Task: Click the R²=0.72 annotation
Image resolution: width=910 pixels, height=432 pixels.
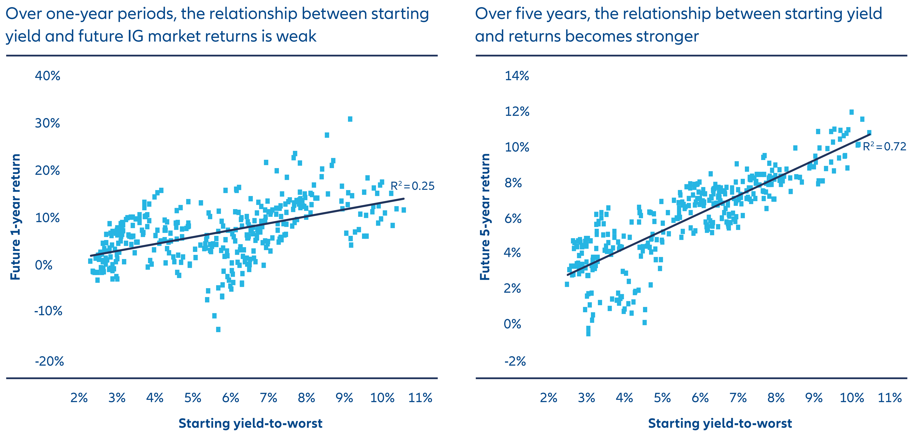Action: tap(884, 146)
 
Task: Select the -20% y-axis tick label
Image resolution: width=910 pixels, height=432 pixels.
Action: tap(49, 361)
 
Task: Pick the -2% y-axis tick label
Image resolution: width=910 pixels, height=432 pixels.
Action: tap(515, 361)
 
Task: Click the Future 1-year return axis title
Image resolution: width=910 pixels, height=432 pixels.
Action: tap(15, 217)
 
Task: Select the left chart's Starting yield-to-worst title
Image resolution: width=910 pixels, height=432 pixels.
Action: tap(251, 423)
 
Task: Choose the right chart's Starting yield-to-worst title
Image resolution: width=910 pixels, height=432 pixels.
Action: tap(720, 423)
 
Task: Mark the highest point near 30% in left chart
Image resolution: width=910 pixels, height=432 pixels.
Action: tap(350, 119)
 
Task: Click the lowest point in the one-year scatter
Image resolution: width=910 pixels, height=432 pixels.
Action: tap(218, 329)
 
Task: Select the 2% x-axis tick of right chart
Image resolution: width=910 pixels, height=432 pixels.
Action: tap(549, 398)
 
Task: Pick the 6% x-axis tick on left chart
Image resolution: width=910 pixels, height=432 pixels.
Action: tap(231, 398)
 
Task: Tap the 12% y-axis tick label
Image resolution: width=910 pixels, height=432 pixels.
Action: tap(517, 112)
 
